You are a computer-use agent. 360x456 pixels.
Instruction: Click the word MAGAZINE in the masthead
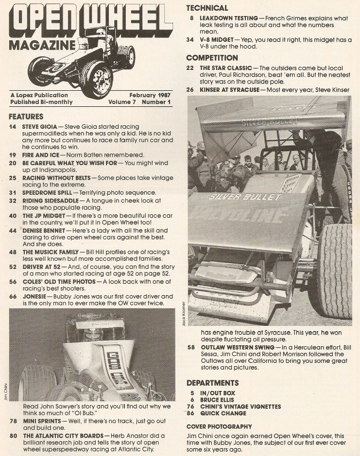pyautogui.click(x=42, y=45)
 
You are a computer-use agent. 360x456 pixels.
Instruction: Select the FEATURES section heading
pyautogui.click(x=26, y=117)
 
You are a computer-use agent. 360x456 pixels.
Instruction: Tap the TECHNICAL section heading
pyautogui.click(x=207, y=8)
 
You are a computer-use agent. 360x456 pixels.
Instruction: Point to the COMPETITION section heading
pyautogui.click(x=212, y=58)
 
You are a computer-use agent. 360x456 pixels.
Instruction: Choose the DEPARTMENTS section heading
pyautogui.click(x=213, y=383)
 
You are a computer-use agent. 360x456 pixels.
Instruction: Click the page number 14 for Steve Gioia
pyautogui.click(x=13, y=126)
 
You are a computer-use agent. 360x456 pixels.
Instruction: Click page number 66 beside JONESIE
pyautogui.click(x=13, y=296)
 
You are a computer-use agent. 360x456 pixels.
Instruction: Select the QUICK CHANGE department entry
pyautogui.click(x=223, y=413)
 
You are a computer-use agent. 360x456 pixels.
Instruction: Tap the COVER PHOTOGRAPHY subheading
pyautogui.click(x=219, y=426)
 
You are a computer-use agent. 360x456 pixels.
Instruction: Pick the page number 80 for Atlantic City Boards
pyautogui.click(x=14, y=436)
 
